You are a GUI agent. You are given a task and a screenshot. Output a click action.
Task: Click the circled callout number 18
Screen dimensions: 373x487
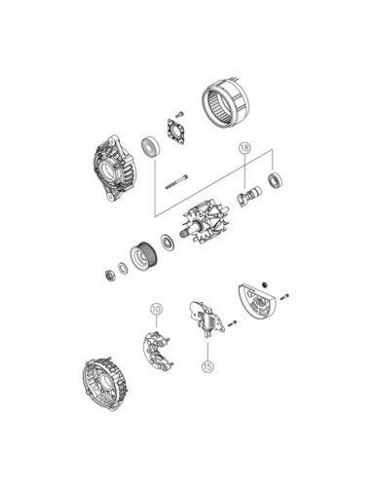click(244, 148)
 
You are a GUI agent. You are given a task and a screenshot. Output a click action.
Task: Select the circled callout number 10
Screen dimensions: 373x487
click(156, 309)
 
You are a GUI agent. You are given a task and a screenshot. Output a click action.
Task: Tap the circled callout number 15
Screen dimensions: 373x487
click(207, 366)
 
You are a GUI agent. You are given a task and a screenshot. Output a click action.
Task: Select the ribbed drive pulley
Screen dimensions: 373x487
click(144, 256)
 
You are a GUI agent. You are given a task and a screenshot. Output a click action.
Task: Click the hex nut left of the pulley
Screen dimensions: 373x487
click(111, 276)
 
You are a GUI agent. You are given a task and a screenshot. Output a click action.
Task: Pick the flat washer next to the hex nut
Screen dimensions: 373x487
click(123, 268)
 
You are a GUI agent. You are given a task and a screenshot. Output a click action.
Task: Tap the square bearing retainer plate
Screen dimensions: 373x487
click(176, 131)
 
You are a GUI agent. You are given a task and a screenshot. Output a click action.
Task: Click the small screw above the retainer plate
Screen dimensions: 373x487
click(179, 114)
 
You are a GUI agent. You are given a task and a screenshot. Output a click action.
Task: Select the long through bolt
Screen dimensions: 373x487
click(177, 181)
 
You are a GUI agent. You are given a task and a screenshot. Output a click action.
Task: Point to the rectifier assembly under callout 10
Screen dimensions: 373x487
click(156, 352)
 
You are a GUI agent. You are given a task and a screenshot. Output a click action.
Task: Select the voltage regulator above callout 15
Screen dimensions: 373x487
click(206, 319)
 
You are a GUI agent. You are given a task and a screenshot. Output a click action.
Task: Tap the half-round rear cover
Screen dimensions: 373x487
click(256, 300)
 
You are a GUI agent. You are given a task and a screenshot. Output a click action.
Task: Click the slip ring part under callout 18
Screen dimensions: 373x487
click(249, 196)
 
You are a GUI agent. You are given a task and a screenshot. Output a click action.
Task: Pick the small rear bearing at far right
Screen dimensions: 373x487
click(275, 181)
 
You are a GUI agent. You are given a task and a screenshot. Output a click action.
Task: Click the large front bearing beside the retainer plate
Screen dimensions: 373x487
click(151, 147)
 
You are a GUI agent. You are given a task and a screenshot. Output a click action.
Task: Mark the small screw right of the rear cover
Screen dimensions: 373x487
click(284, 297)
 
